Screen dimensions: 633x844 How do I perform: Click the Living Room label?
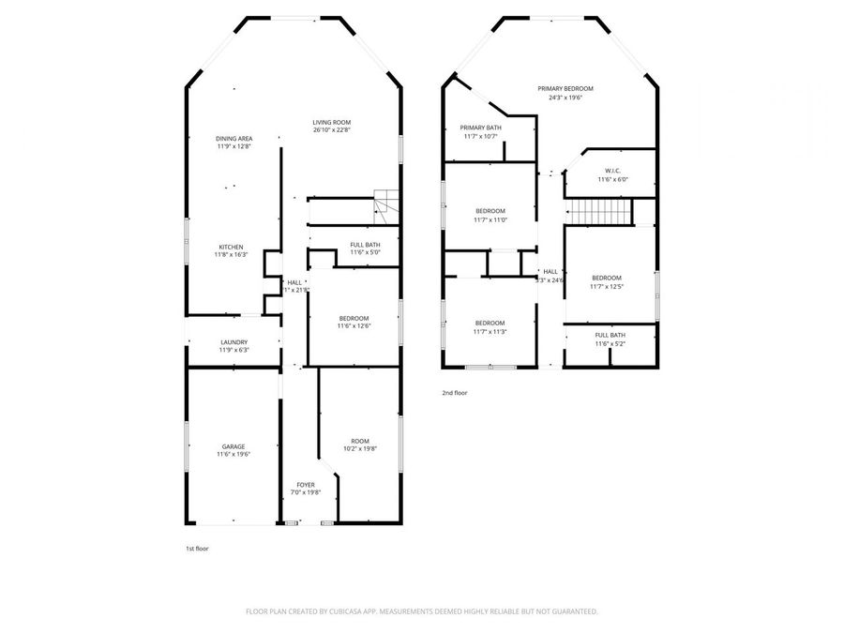pyautogui.click(x=331, y=123)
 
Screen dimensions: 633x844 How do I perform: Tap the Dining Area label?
pyautogui.click(x=234, y=139)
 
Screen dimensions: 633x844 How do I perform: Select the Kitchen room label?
pyautogui.click(x=231, y=248)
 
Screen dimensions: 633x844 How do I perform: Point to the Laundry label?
pyautogui.click(x=234, y=342)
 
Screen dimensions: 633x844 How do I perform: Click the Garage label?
pyautogui.click(x=233, y=447)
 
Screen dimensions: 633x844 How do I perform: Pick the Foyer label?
pyautogui.click(x=306, y=485)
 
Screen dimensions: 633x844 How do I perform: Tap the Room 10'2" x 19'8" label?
pyautogui.click(x=360, y=441)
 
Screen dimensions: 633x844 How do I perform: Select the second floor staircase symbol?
pyautogui.click(x=597, y=213)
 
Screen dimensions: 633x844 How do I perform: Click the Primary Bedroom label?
pyautogui.click(x=565, y=89)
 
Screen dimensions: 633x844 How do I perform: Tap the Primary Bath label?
pyautogui.click(x=480, y=128)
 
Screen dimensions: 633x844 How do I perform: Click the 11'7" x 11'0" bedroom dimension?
pyautogui.click(x=490, y=219)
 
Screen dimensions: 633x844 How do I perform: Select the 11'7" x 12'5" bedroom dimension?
pyautogui.click(x=606, y=286)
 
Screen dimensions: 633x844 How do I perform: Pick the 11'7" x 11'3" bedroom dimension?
pyautogui.click(x=490, y=331)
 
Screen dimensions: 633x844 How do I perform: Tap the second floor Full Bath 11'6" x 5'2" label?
pyautogui.click(x=610, y=339)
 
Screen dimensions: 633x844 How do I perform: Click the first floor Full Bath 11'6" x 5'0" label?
pyautogui.click(x=365, y=249)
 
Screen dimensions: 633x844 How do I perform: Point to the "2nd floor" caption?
pyautogui.click(x=454, y=393)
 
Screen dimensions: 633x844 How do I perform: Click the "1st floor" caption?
pyautogui.click(x=197, y=548)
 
